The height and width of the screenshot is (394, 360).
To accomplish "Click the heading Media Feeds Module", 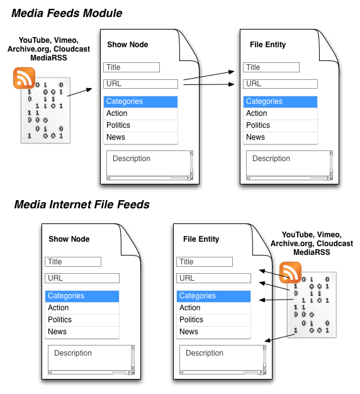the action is coord(67,13).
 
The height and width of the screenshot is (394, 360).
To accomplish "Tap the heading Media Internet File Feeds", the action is coord(82,205).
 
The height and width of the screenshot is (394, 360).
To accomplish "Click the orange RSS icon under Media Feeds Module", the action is coord(24,78).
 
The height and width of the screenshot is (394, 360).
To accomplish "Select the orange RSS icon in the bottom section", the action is coord(290,273).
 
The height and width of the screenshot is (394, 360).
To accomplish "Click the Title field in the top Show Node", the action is coord(132,67).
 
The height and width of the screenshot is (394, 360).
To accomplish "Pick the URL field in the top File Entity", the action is coord(280,84).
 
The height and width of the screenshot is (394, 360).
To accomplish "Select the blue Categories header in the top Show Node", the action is coord(141,101).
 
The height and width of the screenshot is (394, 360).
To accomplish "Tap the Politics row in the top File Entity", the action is coord(280,125).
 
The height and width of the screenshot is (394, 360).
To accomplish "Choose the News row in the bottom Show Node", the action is coord(82,332).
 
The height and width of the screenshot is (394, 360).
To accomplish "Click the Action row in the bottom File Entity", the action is coord(213,308).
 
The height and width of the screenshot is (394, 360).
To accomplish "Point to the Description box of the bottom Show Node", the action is coord(91,359).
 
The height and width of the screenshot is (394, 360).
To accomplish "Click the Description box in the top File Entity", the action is coord(290,165).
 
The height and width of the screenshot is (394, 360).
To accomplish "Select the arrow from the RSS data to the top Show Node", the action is coord(79,92).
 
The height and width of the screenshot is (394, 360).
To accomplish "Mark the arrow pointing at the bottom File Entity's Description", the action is coord(279,337).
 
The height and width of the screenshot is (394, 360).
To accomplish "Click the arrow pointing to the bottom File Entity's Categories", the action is coord(276,300).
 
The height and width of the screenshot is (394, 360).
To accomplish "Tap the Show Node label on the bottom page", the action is coord(69,239).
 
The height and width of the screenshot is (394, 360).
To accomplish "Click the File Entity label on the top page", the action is coord(268,45).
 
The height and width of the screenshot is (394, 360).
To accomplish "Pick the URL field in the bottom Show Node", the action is coord(82,278).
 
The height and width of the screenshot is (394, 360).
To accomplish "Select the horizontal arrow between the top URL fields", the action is coord(209,84).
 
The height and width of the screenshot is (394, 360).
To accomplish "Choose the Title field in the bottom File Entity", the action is coord(205,262).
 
